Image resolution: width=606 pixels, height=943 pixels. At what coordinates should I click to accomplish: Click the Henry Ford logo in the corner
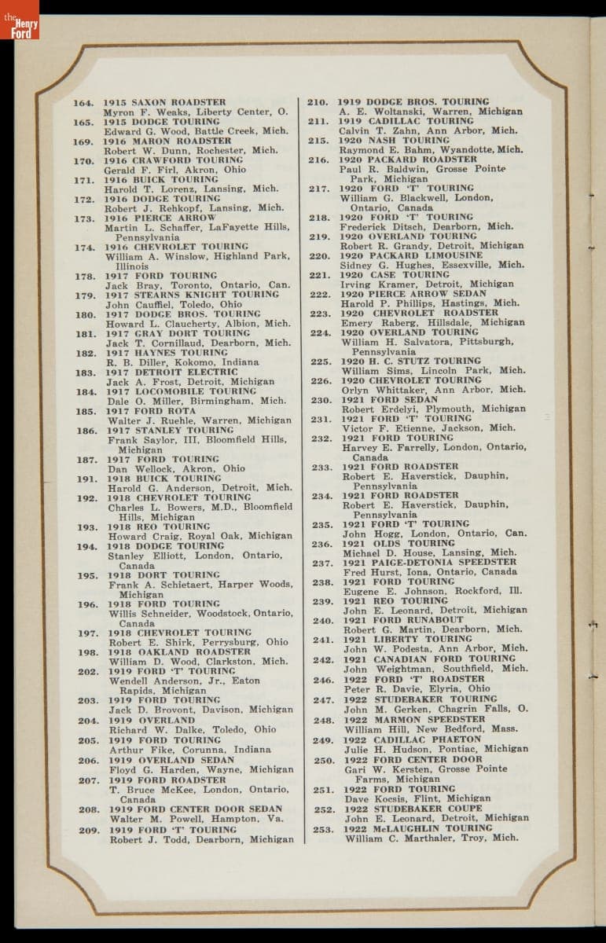point(19,20)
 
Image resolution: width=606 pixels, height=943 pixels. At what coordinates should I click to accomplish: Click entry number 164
point(83,103)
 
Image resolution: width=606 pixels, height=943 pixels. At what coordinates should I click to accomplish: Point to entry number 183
point(86,372)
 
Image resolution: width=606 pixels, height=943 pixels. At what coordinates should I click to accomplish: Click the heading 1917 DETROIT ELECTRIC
point(172,372)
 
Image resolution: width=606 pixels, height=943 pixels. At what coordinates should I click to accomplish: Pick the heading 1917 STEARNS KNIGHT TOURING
point(193,295)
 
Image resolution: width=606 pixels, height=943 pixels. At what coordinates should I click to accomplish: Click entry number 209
point(89,830)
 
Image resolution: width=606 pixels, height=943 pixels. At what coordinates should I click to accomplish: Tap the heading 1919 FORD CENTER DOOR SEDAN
point(196,809)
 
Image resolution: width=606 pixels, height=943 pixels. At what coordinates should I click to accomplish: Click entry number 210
point(317,102)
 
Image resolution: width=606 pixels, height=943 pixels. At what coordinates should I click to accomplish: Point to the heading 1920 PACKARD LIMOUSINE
point(411,255)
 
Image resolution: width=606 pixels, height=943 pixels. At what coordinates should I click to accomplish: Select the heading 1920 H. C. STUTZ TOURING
point(410,361)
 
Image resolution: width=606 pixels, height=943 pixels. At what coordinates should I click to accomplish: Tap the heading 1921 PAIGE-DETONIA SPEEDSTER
point(429,563)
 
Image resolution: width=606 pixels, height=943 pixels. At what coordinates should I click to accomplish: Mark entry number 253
point(323,828)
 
